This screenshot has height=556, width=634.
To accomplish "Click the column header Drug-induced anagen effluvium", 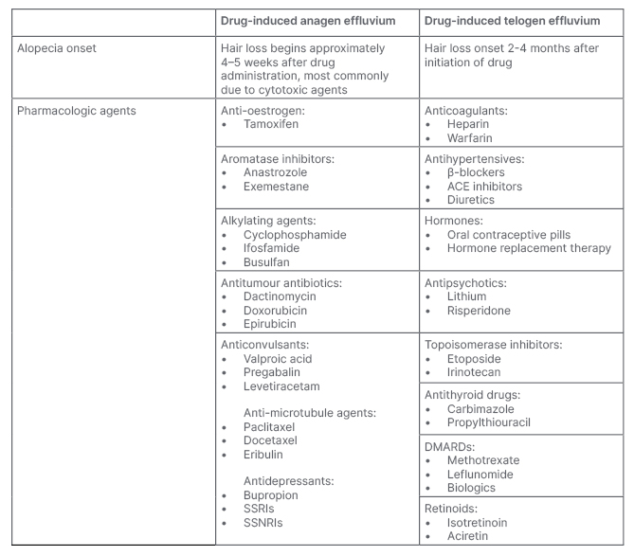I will pyautogui.click(x=317, y=19).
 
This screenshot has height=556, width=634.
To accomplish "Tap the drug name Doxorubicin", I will pyautogui.click(x=273, y=310).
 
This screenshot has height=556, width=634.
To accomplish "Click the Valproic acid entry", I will pyautogui.click(x=277, y=359).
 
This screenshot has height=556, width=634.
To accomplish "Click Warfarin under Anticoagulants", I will pyautogui.click(x=470, y=137).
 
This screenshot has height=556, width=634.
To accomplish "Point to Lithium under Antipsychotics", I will pyautogui.click(x=467, y=296).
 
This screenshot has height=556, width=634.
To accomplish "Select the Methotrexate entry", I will pyautogui.click(x=483, y=459).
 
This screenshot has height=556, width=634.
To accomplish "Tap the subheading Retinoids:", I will pyautogui.click(x=456, y=509).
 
